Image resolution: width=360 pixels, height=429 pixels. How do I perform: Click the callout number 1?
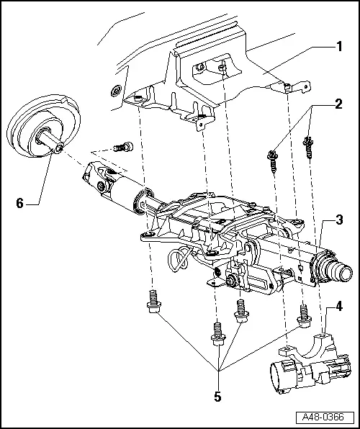coord(338,47)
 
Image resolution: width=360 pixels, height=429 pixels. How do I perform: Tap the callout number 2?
coord(338,104)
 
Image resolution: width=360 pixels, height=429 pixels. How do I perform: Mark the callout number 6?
coord(20,204)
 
